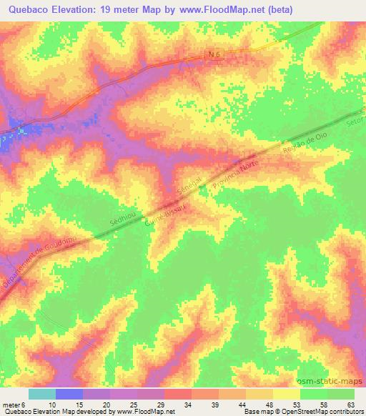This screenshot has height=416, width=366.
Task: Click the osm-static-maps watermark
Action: [x=330, y=382]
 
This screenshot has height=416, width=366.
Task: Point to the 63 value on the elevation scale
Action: [x=350, y=404]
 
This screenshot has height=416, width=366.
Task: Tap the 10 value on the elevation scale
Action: [x=52, y=404]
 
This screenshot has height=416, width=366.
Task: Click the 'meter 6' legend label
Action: [x=14, y=404]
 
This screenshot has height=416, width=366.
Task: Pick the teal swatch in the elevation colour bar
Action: [x=42, y=395]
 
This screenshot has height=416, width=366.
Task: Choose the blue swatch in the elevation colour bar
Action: [x=69, y=395]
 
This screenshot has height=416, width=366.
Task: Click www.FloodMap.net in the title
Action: [x=220, y=10]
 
